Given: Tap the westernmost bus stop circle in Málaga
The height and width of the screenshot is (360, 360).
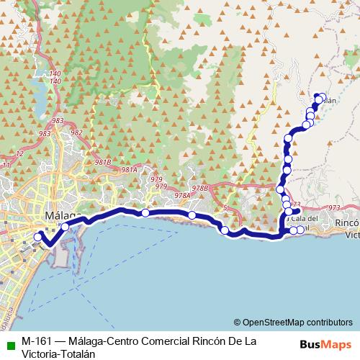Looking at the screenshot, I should (x=38, y=237).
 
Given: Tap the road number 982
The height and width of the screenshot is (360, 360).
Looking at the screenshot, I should (x=77, y=132).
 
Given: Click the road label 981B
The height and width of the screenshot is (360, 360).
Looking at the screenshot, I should (x=104, y=163).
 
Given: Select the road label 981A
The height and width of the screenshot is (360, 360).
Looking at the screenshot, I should (x=130, y=170).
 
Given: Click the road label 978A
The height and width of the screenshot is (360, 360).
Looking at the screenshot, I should (x=181, y=195).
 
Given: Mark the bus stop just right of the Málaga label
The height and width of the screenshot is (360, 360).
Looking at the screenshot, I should (x=65, y=227).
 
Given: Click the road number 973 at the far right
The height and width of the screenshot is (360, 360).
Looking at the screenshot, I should (x=333, y=208).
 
